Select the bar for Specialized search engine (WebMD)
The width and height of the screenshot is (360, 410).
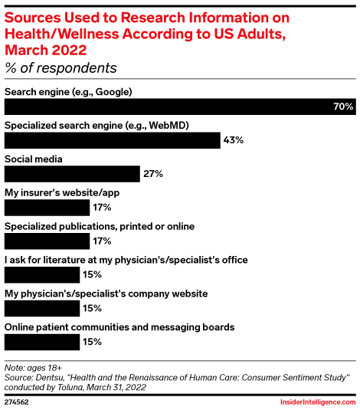click(x=112, y=140)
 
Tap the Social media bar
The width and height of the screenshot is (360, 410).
click(x=72, y=174)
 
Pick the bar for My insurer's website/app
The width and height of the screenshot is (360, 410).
click(x=47, y=207)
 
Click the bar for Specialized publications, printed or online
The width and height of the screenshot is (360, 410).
click(x=47, y=241)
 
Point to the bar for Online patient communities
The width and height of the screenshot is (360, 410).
click(x=42, y=342)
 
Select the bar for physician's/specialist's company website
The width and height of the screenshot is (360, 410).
click(x=42, y=308)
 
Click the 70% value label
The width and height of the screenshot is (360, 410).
click(x=342, y=107)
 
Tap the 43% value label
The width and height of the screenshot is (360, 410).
click(x=233, y=140)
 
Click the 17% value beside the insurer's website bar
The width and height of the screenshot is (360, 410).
click(x=102, y=207)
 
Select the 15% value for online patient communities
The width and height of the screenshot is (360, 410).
click(x=92, y=342)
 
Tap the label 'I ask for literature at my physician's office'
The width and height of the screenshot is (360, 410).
click(x=126, y=260)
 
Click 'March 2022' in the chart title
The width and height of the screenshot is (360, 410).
click(x=46, y=49)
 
